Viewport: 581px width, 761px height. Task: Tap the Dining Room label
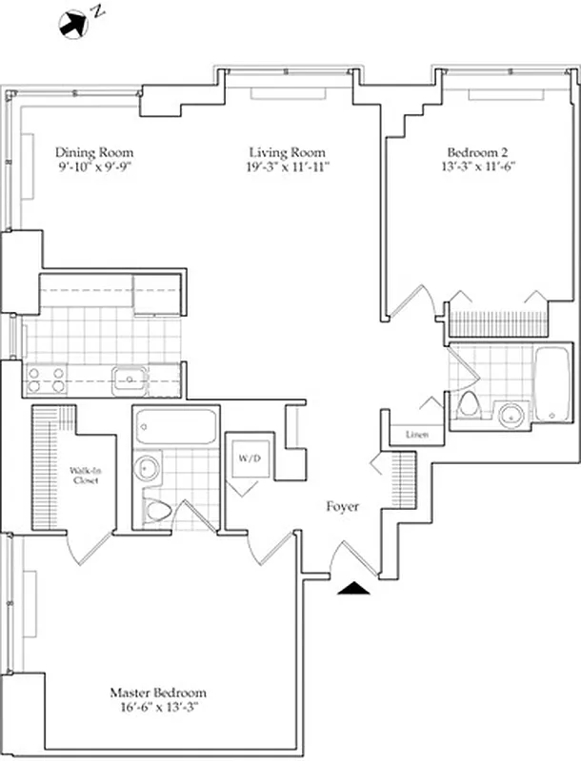(x=93, y=152)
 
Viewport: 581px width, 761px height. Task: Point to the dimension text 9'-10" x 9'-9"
(x=93, y=168)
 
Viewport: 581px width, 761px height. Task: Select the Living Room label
(x=287, y=152)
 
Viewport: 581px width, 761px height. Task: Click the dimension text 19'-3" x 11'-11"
(x=287, y=168)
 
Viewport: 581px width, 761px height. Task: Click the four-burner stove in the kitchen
(x=46, y=380)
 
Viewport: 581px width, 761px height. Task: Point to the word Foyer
(x=342, y=507)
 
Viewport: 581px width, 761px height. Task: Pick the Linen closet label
(x=415, y=435)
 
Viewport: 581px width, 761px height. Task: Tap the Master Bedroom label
(x=157, y=693)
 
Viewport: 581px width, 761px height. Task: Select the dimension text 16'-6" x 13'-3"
(x=157, y=708)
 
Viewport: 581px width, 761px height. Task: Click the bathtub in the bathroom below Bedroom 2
(x=551, y=385)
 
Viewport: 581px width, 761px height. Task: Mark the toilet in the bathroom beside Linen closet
(x=467, y=407)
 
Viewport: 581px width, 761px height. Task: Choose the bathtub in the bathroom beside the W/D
(x=173, y=427)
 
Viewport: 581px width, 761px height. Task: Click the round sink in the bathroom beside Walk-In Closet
(x=147, y=468)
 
